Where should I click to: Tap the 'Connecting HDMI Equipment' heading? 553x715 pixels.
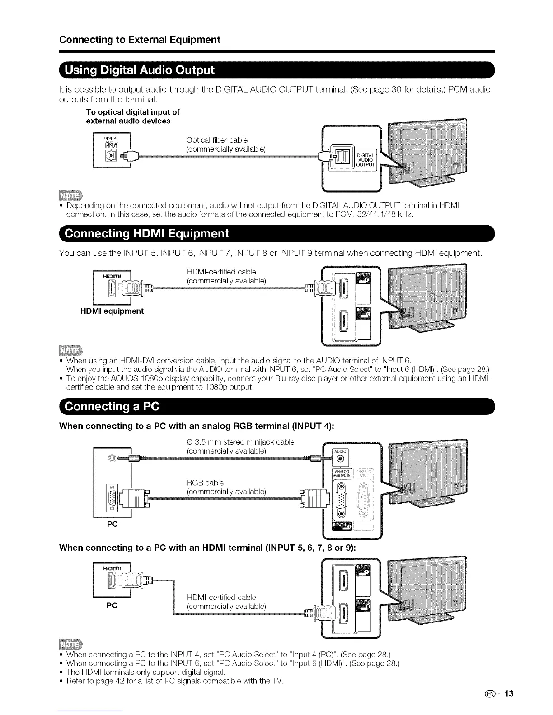coord(147,234)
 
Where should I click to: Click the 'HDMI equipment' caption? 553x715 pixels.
coord(112,311)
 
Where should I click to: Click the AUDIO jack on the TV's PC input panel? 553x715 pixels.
coord(341,460)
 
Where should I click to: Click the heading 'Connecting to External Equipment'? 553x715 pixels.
coord(140,40)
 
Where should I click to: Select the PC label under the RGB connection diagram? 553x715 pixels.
coord(112,524)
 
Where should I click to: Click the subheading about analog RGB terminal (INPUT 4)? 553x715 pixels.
coord(196,426)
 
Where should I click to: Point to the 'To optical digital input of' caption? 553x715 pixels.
coord(133,112)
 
